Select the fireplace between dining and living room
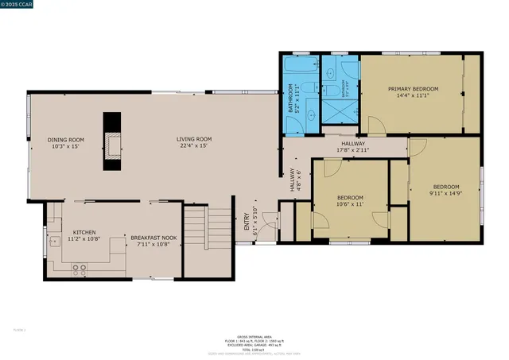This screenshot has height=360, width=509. pyautogui.click(x=112, y=141)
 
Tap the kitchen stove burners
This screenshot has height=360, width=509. pyautogui.click(x=80, y=268)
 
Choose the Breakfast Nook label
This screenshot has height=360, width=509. pyautogui.click(x=153, y=241)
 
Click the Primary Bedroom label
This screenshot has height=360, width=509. pyautogui.click(x=413, y=91)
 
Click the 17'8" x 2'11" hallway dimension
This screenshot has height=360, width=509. pyautogui.click(x=353, y=147)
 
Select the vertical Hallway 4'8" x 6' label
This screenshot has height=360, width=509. pyautogui.click(x=294, y=182)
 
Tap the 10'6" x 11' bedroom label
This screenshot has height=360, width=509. pyautogui.click(x=350, y=201)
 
